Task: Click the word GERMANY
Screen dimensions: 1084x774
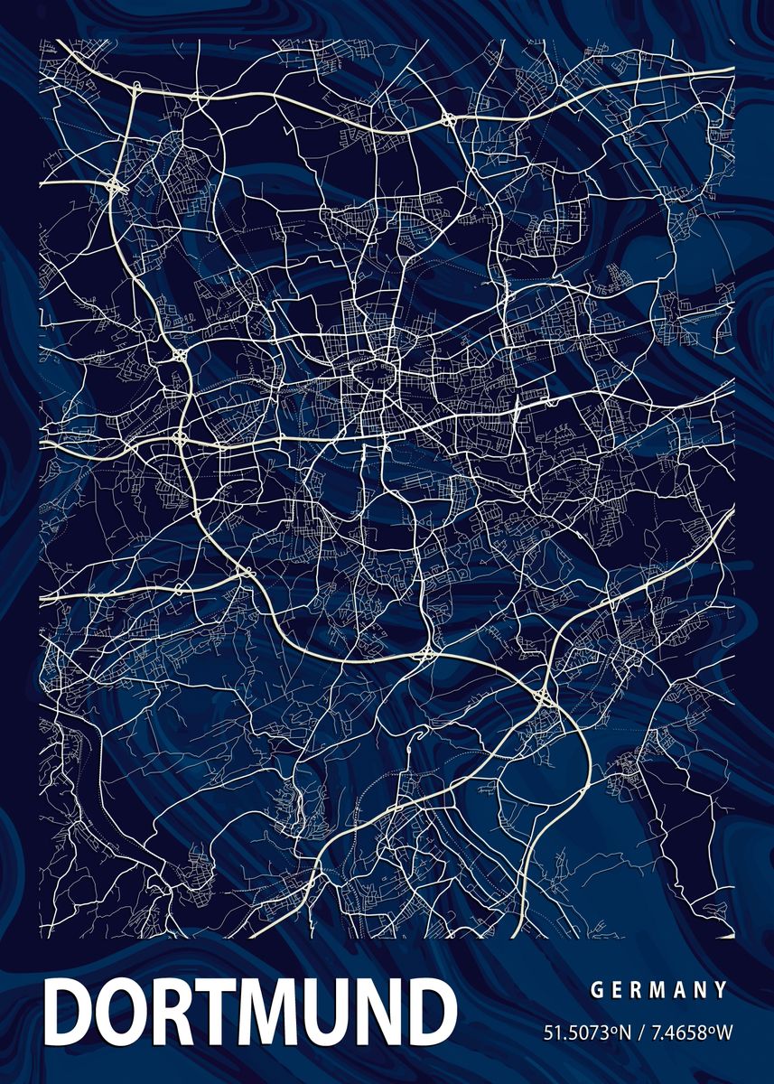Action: [658, 990]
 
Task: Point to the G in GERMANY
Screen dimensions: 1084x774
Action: [597, 990]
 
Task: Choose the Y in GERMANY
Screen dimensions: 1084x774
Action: [721, 990]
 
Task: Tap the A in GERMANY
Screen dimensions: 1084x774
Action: [678, 990]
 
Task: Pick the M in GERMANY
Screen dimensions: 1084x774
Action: [657, 990]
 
